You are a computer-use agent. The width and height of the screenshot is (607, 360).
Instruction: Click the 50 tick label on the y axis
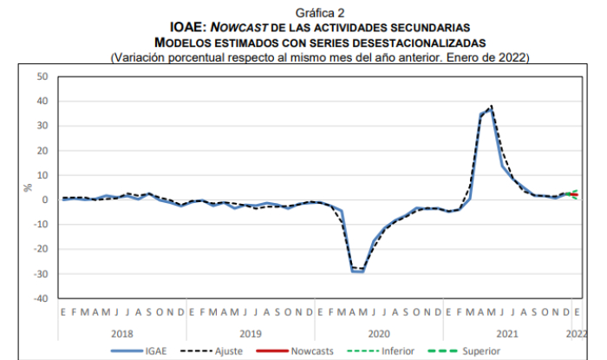pyautogui.click(x=42, y=76)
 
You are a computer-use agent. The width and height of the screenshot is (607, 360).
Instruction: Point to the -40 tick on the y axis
pyautogui.click(x=40, y=298)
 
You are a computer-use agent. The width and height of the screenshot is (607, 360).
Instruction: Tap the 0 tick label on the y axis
pyautogui.click(x=44, y=200)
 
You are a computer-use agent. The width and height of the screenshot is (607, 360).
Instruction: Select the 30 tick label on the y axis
pyautogui.click(x=42, y=126)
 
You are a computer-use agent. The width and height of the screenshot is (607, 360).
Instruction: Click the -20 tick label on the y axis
pyautogui.click(x=40, y=249)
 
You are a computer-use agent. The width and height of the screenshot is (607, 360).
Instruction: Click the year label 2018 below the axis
pyautogui.click(x=122, y=332)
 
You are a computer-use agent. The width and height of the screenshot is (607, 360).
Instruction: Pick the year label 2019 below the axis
pyautogui.click(x=249, y=332)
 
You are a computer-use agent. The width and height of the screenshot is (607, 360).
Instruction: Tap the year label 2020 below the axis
pyautogui.click(x=377, y=332)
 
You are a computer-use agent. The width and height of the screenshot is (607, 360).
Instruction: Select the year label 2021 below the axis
pyautogui.click(x=506, y=332)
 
